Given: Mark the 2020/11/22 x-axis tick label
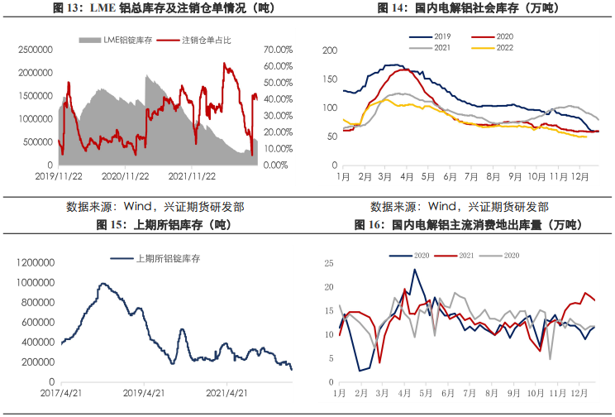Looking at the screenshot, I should (126, 177).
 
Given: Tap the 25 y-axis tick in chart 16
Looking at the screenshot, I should (328, 264).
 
